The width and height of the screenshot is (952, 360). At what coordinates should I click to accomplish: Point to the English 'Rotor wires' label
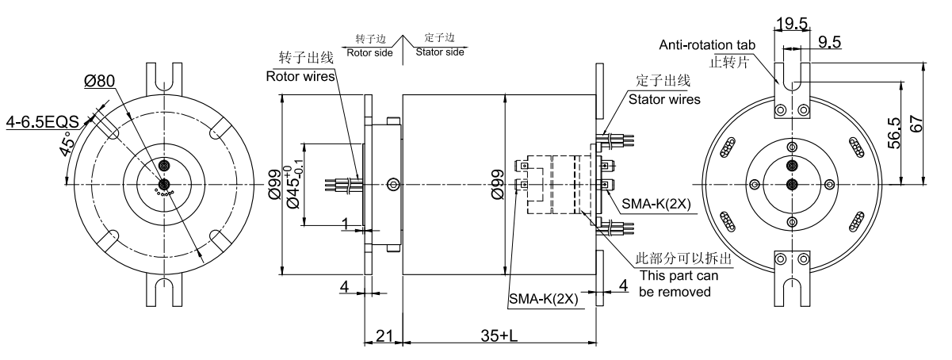(x=300, y=77)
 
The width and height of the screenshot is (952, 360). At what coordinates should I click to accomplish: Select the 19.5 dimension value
(x=792, y=25)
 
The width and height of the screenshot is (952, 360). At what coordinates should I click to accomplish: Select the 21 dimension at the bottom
(x=384, y=335)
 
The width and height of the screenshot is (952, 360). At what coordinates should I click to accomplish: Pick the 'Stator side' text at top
(x=441, y=52)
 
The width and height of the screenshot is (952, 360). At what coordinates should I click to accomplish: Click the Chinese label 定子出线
(x=664, y=82)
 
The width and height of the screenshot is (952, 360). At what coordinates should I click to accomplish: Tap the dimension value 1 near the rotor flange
(x=346, y=224)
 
